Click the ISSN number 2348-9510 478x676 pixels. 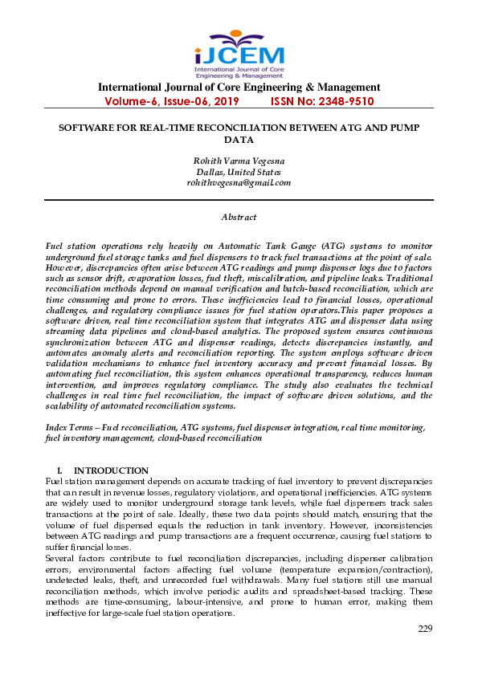click(x=344, y=102)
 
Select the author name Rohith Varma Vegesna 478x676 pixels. click(x=239, y=161)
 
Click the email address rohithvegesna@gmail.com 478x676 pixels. click(x=239, y=182)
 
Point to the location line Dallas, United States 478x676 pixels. click(x=239, y=172)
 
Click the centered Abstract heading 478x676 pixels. click(x=239, y=217)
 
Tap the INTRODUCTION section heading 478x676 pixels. click(x=111, y=470)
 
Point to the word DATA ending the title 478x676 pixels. click(x=239, y=139)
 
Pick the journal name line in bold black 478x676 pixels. click(x=239, y=88)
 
